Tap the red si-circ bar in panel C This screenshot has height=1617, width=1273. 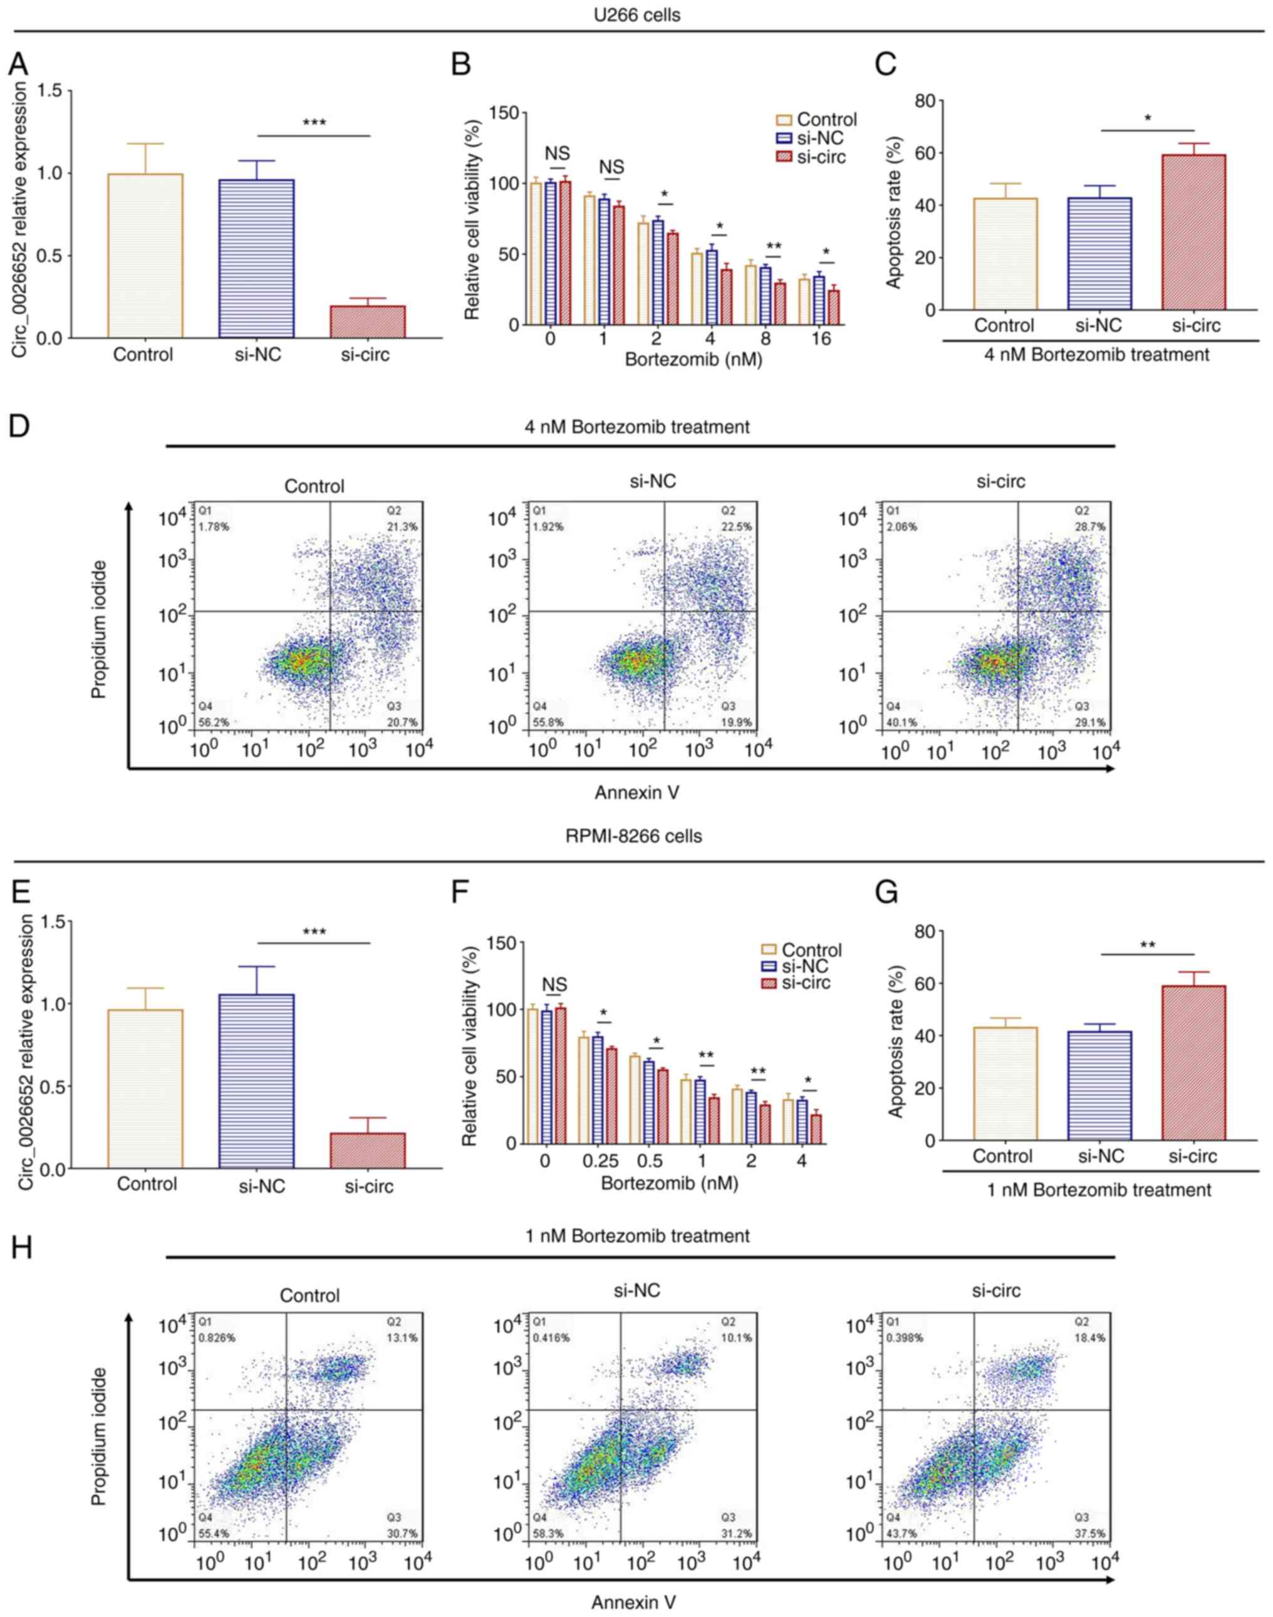coord(1193,232)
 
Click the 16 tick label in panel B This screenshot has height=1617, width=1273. coord(821,338)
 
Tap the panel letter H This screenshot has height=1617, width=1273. coord(21,1247)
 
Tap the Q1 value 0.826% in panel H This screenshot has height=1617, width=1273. coord(217,1337)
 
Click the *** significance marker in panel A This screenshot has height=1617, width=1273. coord(314,122)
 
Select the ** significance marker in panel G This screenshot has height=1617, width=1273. coord(1147,945)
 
